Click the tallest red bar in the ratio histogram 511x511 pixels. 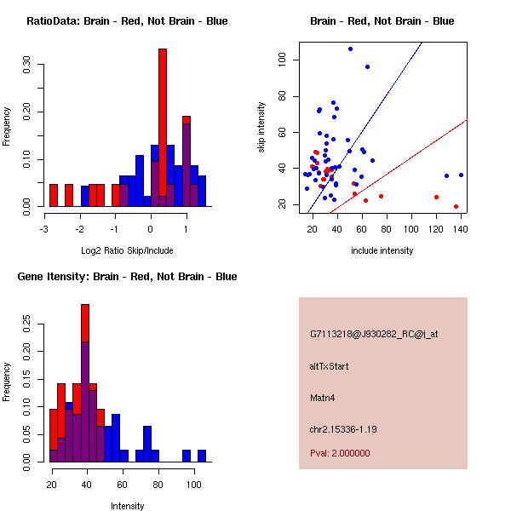[162, 128]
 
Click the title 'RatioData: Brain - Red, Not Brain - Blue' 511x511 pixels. [127, 20]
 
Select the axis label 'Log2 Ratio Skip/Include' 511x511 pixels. [125, 250]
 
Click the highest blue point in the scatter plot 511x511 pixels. [350, 49]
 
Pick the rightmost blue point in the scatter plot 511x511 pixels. [461, 175]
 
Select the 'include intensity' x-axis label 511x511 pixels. [382, 250]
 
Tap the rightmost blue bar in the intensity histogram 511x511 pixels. [202, 456]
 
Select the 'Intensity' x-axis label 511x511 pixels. [128, 506]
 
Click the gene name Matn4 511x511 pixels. [323, 397]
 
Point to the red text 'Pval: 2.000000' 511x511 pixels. [340, 453]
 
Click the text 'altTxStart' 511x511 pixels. [329, 366]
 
